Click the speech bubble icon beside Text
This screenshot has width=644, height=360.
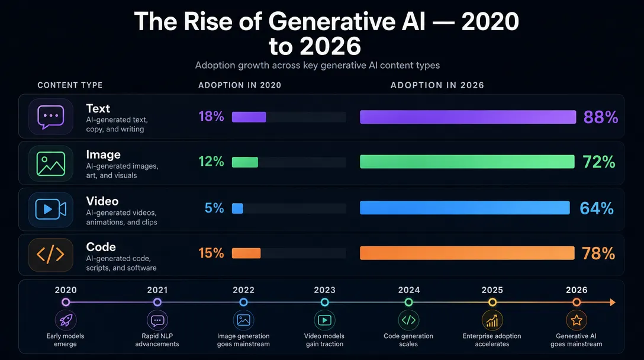click(x=50, y=117)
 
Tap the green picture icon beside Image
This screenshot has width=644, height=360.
click(x=50, y=163)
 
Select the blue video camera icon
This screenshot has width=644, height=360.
click(x=50, y=210)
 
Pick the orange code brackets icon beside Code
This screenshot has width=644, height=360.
click(x=50, y=255)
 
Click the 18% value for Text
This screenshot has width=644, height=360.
click(x=211, y=116)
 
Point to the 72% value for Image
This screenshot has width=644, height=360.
click(x=599, y=162)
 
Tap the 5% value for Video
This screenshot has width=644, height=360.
click(x=214, y=208)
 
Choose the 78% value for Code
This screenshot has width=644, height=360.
click(x=598, y=253)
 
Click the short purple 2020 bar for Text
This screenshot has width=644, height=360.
click(x=249, y=117)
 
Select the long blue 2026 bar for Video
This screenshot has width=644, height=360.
click(x=465, y=208)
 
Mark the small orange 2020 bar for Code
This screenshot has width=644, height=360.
click(x=246, y=253)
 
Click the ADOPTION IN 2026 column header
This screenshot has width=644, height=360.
click(x=437, y=85)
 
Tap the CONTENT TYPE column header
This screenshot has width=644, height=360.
click(x=70, y=85)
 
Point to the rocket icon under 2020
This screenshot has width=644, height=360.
click(x=66, y=320)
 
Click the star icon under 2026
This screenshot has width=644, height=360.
click(x=577, y=320)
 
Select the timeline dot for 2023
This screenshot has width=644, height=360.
click(x=325, y=303)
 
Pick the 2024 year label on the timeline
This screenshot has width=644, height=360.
click(x=408, y=290)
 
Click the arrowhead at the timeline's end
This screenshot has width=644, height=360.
click(x=613, y=303)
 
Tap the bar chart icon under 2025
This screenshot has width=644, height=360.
click(x=492, y=320)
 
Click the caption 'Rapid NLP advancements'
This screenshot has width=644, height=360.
click(x=157, y=340)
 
